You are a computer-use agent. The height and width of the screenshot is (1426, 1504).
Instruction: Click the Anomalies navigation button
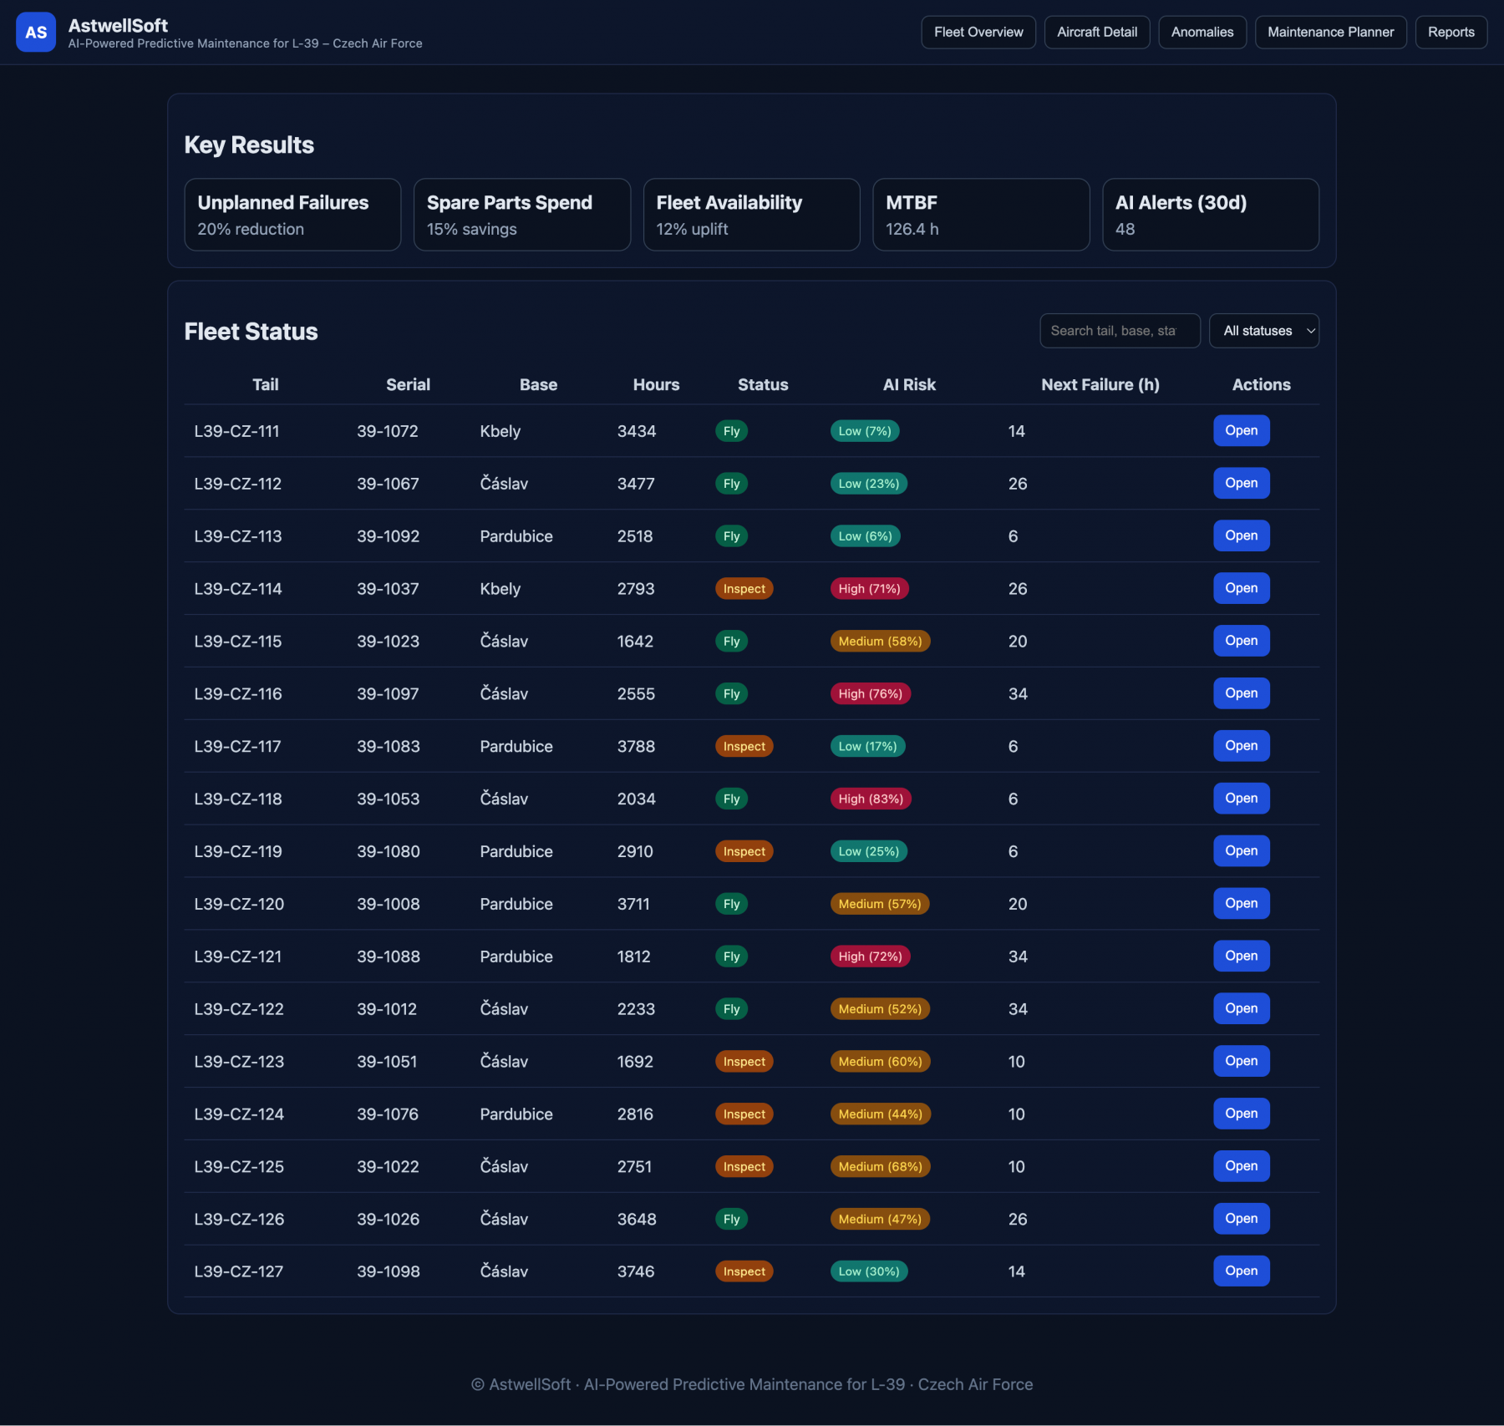point(1202,32)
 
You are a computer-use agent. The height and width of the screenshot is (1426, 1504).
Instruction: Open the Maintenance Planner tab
point(1330,32)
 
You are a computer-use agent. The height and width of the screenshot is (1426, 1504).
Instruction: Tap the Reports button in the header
point(1451,32)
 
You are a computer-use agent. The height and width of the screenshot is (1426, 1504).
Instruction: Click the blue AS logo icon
point(36,32)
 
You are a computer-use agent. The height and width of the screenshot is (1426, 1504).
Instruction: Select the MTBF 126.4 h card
point(981,215)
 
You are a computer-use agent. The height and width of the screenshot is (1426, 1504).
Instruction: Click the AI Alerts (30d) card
point(1210,215)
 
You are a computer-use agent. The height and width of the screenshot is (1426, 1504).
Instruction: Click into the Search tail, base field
point(1119,331)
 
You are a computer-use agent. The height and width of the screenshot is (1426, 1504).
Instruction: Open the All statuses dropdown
point(1263,331)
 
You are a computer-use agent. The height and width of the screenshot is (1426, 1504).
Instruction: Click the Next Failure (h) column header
point(1100,384)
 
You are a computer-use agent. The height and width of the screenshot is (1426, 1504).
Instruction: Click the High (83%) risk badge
point(871,799)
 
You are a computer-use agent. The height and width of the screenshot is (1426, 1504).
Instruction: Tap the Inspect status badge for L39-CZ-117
point(744,746)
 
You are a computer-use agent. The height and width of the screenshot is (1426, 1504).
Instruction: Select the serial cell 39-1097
point(388,693)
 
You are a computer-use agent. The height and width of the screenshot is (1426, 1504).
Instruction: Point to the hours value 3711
point(633,904)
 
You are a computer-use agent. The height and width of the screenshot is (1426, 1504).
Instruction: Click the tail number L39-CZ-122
point(239,1009)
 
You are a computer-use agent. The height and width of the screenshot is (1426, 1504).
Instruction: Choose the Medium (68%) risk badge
point(880,1166)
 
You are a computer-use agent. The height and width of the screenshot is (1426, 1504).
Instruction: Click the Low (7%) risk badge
point(865,431)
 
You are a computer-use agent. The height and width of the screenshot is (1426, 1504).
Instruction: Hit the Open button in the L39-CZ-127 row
point(1241,1271)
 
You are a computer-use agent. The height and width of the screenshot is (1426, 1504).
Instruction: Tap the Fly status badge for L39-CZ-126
point(731,1219)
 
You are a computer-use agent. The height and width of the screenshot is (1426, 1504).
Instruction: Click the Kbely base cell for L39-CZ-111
point(500,431)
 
